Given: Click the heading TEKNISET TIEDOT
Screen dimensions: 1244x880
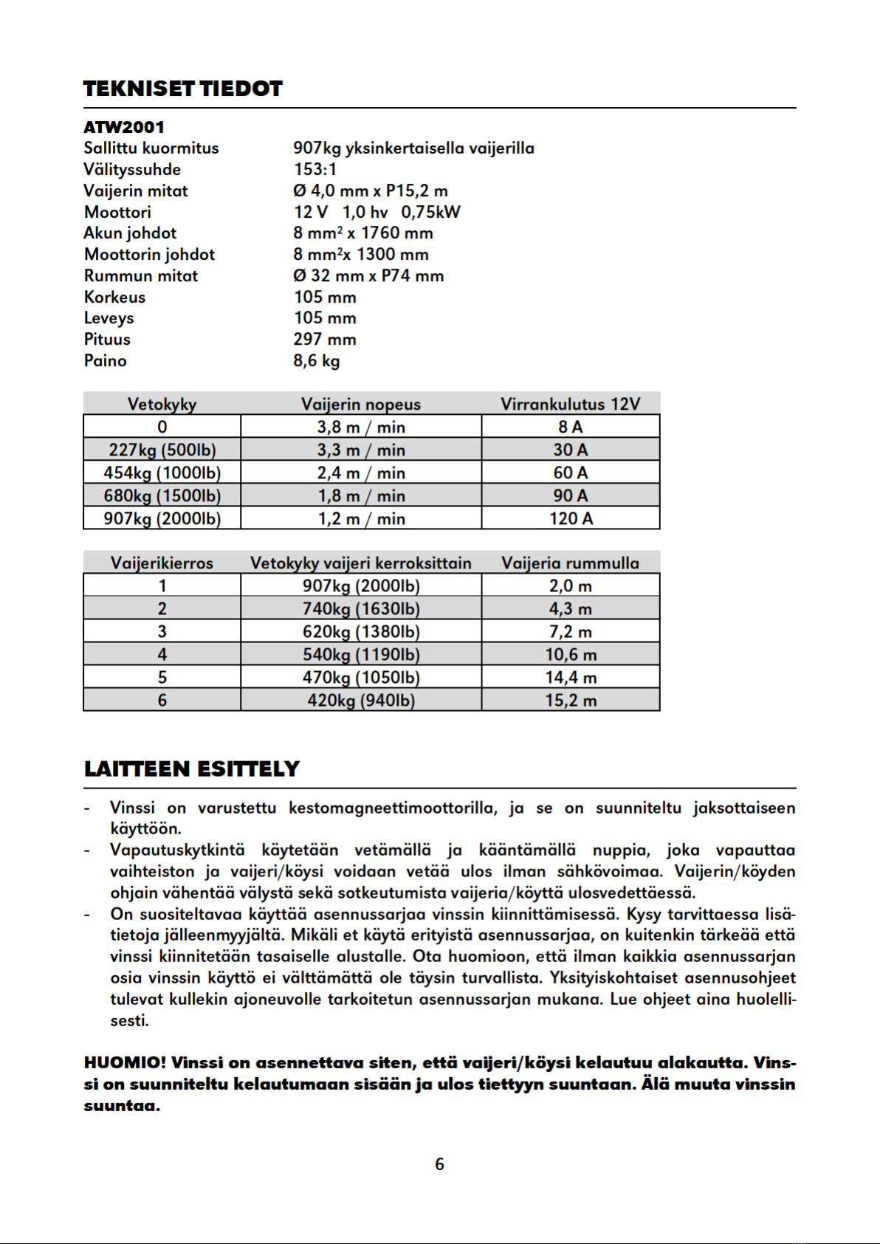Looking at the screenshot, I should coord(182,89).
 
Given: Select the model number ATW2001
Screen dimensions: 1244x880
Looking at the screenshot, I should coord(123,127).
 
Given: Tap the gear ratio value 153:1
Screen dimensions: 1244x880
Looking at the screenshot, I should coord(314,169).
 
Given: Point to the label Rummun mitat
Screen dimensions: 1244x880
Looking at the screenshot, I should coord(140,275).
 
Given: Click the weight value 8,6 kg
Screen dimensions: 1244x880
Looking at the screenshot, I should coord(316,360).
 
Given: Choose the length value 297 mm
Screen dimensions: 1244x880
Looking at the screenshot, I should coord(324,339).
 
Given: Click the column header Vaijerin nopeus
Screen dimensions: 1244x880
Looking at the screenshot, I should coord(360,404).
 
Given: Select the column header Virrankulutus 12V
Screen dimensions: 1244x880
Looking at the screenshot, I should coord(570,404).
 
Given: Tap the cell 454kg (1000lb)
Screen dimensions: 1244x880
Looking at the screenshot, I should coord(162,472).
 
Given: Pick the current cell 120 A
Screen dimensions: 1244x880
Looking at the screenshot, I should coord(570,518).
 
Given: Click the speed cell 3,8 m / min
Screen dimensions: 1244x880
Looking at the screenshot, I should coord(360,427).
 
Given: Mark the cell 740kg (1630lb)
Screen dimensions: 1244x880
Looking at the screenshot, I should coord(360,608).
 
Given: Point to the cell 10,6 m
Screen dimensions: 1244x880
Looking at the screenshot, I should coord(570,654).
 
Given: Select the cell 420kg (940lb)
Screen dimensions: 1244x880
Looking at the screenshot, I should coord(360,700).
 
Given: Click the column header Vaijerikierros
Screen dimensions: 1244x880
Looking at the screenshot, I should coord(162,563).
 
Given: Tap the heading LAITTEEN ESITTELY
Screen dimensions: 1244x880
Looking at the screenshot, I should coord(191,769).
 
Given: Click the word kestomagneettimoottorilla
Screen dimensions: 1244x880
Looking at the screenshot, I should coord(392,808).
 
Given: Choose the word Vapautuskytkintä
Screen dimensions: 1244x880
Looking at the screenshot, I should coord(177,850).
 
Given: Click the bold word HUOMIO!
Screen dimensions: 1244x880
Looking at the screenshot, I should coord(125,1062).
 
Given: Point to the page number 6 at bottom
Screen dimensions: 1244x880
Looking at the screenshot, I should coord(439,1164).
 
